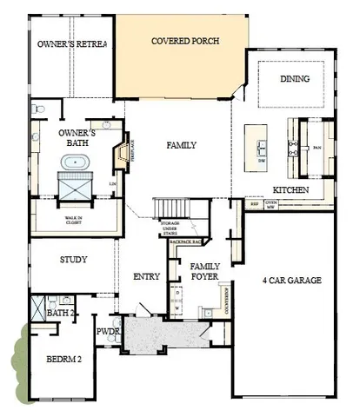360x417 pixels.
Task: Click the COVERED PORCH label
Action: click(184, 41)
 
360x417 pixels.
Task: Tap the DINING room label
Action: click(294, 78)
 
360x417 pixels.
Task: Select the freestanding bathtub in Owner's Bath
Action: click(71, 162)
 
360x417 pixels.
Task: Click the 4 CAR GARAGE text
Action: click(290, 281)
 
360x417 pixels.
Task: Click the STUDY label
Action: click(72, 260)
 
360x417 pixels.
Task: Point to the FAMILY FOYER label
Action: click(206, 271)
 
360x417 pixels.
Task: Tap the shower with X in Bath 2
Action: click(37, 308)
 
